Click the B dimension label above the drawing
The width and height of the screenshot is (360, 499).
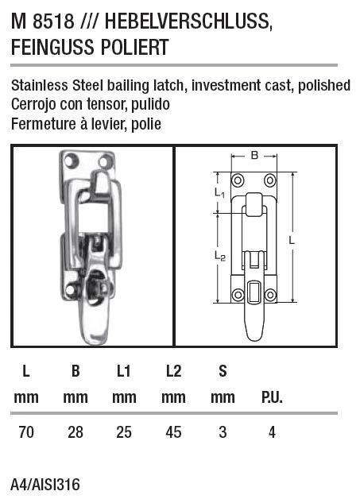coord(254,156)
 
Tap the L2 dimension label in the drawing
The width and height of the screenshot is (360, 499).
coord(219,256)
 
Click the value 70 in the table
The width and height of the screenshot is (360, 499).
coord(26,432)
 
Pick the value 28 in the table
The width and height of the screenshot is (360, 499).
coord(75,432)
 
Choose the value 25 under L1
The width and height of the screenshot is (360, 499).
coord(124,432)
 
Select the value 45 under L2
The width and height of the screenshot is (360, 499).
coord(172,432)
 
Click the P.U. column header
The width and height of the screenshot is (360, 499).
coord(271,397)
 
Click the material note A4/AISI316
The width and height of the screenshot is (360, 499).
coord(45,484)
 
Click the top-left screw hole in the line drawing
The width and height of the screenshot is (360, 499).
coord(237,178)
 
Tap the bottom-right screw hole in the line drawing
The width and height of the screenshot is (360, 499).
coord(271,296)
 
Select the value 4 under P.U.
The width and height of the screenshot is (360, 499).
coord(271,432)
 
